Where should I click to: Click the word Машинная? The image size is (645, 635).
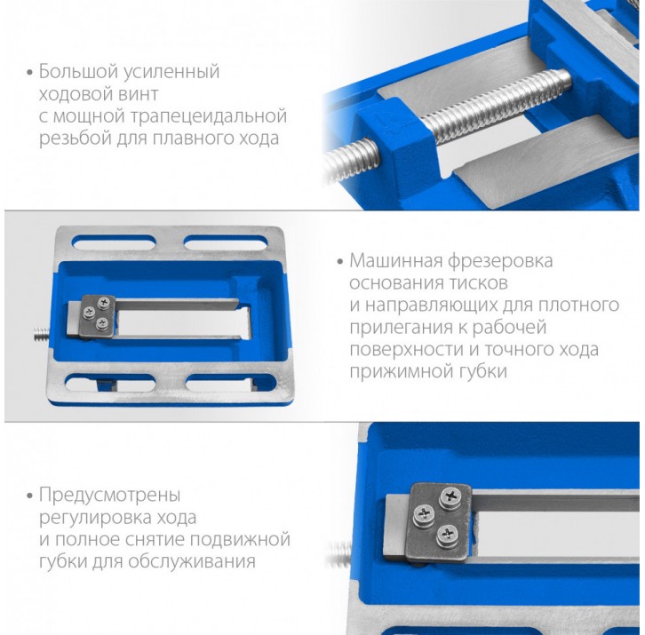tap(395, 261)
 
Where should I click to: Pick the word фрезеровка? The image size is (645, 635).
tap(500, 262)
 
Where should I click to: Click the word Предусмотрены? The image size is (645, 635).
tap(110, 496)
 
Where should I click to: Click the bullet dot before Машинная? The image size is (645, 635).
tap(340, 262)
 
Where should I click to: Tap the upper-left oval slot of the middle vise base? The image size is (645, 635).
tap(114, 242)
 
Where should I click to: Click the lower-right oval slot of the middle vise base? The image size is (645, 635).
tap(231, 383)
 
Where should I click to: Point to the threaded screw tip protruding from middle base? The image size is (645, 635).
tap(42, 333)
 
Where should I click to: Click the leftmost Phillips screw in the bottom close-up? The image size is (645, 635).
tap(424, 514)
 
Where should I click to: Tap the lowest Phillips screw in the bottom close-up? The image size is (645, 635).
tap(448, 535)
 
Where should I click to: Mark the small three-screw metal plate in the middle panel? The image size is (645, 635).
tap(99, 316)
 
